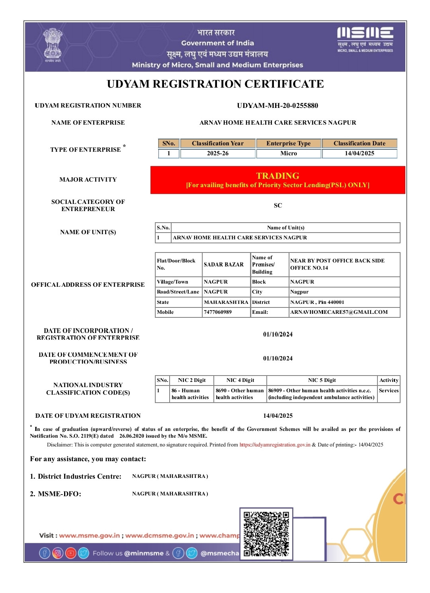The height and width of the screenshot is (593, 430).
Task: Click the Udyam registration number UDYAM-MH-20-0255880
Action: (278, 106)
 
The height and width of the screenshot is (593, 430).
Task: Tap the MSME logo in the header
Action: (365, 39)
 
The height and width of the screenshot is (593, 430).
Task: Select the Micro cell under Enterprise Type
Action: (289, 153)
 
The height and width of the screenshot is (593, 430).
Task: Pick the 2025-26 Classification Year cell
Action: (218, 153)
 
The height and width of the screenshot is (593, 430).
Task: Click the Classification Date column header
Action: (360, 143)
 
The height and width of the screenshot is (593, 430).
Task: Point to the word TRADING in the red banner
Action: (278, 176)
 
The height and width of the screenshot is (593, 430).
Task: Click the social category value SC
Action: (278, 205)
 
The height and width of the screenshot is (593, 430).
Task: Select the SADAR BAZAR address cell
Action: (224, 264)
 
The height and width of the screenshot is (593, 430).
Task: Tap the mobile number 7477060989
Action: (218, 312)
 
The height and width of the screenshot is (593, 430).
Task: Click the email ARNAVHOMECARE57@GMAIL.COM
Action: (339, 312)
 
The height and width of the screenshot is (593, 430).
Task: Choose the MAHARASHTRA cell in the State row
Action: (226, 302)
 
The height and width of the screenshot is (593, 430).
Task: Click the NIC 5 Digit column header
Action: (322, 380)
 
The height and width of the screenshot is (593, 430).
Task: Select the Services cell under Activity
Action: (389, 391)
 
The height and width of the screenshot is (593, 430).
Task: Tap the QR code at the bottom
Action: (266, 534)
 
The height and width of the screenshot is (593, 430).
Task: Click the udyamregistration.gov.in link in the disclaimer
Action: (275, 445)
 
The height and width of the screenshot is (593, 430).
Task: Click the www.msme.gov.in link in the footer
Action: (90, 536)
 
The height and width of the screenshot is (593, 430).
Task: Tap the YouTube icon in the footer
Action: (71, 553)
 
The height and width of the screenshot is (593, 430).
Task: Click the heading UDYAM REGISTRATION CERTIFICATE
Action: (215, 84)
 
